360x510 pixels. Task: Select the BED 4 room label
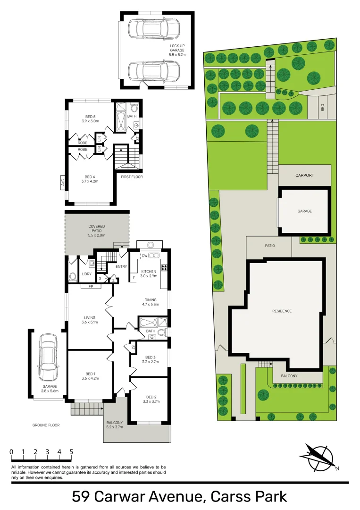tap(90, 178)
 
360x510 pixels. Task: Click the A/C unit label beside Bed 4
tap(62, 181)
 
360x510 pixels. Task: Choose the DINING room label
tap(151, 302)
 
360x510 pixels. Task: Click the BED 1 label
tap(90, 375)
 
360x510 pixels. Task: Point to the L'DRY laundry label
tap(87, 274)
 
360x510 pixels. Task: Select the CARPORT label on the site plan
tap(305, 175)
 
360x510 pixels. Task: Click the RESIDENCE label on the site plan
tap(282, 311)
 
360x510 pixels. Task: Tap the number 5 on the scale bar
tap(71, 452)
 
